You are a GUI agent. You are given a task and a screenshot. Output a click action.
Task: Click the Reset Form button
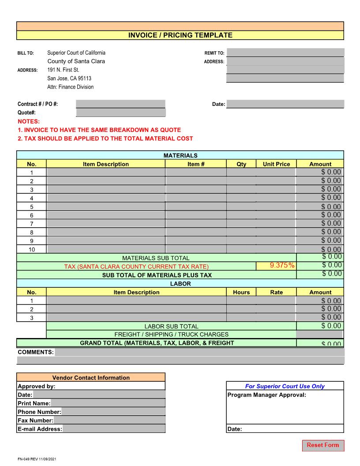tap(323, 445)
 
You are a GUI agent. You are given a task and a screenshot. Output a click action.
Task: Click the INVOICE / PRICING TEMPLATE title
tap(180, 35)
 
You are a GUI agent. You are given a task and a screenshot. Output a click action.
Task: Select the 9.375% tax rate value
tap(277, 265)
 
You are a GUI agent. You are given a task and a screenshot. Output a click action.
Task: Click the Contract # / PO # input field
tap(120, 104)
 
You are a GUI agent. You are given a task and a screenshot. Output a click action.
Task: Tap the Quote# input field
tap(120, 113)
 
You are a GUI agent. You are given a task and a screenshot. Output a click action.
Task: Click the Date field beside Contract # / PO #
tap(285, 104)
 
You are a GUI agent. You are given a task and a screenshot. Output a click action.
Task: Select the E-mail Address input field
tap(114, 429)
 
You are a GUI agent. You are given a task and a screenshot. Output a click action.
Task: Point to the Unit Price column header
tap(276, 164)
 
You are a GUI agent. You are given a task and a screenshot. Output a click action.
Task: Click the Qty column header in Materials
tap(241, 164)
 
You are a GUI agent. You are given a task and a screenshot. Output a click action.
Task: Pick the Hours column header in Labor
tap(241, 292)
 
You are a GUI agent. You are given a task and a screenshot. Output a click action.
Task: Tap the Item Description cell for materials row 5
tap(106, 207)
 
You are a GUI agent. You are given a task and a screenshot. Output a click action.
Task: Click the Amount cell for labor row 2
tap(320, 309)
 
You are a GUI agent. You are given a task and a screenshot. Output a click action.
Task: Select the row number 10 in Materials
tap(31, 249)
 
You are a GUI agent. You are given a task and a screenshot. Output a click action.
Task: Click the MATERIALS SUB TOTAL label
tap(156, 258)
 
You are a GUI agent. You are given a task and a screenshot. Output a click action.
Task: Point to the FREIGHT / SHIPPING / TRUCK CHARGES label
tap(171, 334)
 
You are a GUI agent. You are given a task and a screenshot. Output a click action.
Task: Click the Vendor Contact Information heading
tap(91, 378)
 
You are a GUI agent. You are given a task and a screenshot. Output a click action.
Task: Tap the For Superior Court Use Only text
tap(285, 386)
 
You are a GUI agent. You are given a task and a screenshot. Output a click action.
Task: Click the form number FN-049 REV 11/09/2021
tap(37, 459)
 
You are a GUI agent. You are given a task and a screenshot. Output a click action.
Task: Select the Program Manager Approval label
tap(266, 395)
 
